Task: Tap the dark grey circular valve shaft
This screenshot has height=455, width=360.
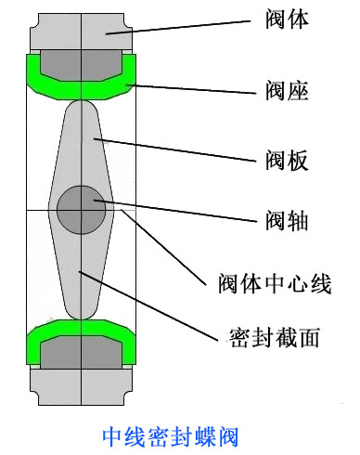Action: [82, 210]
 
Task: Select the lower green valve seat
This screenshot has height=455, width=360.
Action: [37, 345]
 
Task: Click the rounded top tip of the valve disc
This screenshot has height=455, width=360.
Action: [82, 110]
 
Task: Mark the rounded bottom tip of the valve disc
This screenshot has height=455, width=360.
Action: [82, 310]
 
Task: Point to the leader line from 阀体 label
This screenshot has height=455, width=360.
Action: [176, 26]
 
